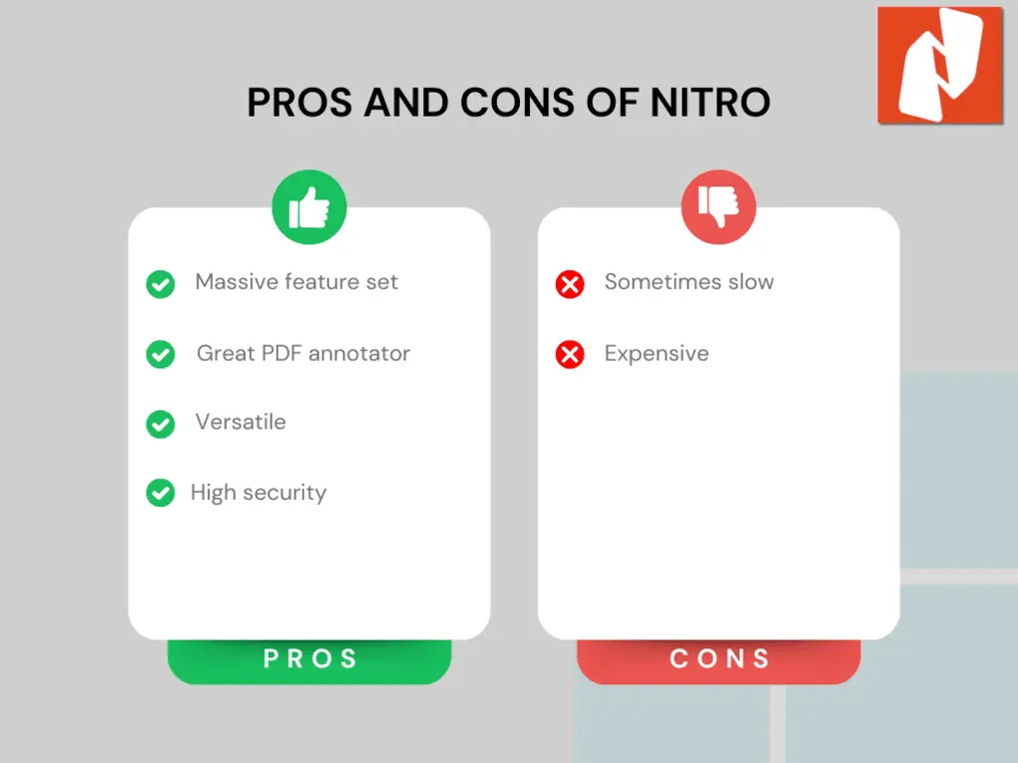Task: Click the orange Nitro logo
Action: (x=940, y=65)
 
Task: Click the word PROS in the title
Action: (x=299, y=103)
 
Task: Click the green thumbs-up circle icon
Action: (x=309, y=207)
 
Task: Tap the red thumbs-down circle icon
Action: (x=719, y=207)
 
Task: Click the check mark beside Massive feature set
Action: (x=161, y=284)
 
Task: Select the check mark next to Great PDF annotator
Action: (x=161, y=354)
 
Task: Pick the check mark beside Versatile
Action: (x=161, y=424)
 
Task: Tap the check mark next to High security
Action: (x=161, y=493)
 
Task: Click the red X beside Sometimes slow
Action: (x=570, y=284)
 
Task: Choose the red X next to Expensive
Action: (x=570, y=354)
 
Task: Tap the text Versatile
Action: (x=241, y=422)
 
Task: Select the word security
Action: (x=283, y=493)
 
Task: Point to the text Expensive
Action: (x=657, y=353)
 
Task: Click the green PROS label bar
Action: (x=309, y=660)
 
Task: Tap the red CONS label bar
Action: (x=719, y=660)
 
